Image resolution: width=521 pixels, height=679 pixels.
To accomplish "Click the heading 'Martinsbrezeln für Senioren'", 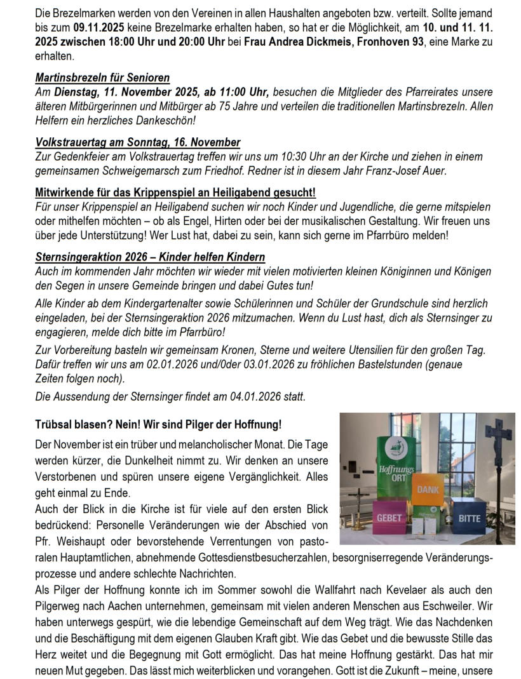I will pyautogui.click(x=102, y=78).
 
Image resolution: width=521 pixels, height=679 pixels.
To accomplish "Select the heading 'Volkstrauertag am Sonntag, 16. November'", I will pyautogui.click(x=138, y=143).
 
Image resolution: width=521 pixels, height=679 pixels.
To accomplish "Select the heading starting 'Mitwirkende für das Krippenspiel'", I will pyautogui.click(x=175, y=193).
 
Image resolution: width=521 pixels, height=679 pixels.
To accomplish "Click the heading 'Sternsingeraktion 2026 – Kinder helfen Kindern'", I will pyautogui.click(x=150, y=257).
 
